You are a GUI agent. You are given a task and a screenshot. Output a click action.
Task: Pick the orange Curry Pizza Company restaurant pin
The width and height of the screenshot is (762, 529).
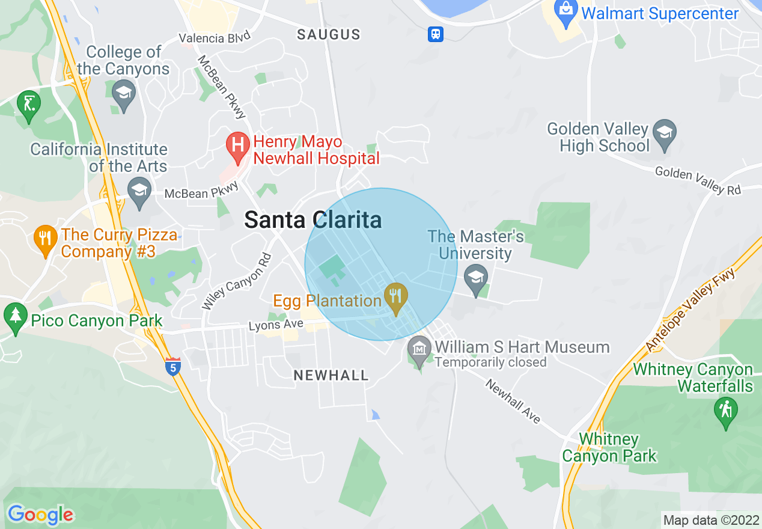pos(46,240)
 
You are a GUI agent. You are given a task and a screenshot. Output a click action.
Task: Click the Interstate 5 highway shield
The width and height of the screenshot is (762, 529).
pos(173,366)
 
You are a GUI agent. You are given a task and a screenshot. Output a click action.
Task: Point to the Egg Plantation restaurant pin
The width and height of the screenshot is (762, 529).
pos(395,299)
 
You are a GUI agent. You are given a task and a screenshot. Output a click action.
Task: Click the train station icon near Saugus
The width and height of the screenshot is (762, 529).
pos(436,34)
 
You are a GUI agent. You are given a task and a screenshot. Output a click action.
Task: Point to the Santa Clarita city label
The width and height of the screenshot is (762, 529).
pos(312,221)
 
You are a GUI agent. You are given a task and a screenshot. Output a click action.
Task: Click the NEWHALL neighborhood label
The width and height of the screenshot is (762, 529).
pos(331,376)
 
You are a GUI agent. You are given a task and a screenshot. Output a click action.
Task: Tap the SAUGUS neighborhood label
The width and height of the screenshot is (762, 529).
pos(329,35)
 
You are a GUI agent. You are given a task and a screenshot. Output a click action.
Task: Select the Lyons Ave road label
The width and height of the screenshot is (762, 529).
pos(276,325)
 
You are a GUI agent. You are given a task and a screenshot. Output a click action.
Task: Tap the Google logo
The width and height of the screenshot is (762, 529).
pos(40,514)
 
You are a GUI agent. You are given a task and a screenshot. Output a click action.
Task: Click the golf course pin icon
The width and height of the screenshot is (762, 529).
pos(28,106)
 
